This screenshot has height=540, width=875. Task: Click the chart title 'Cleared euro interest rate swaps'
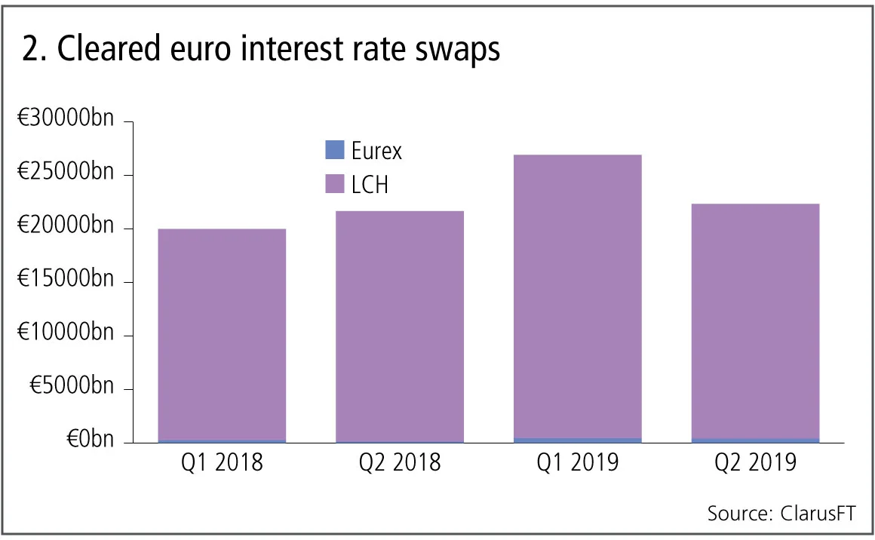pos(278,50)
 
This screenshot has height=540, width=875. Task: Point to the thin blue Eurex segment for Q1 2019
pos(577,440)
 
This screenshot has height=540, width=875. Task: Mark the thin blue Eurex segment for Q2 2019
pos(755,440)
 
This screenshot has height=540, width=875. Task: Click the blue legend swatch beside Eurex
pos(334,150)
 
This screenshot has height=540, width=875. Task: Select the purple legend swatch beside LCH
pos(334,183)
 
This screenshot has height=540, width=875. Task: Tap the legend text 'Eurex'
pos(376,151)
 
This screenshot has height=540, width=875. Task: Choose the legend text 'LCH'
pos(370,184)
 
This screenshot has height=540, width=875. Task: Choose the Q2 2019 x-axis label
pos(754,462)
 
